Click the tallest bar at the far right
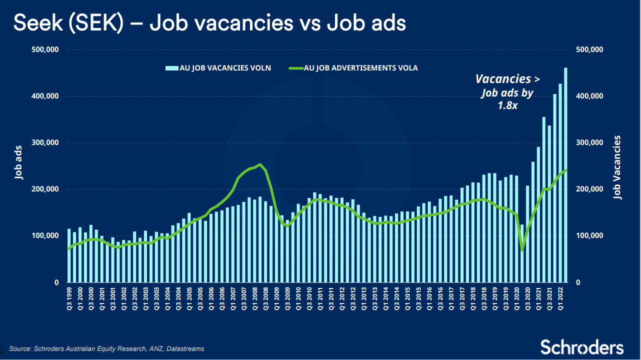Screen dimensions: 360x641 pos(566,175)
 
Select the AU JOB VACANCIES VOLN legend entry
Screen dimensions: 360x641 pos(224,68)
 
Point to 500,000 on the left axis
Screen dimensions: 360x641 pos(46,49)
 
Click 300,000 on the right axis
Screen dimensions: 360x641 pos(590,143)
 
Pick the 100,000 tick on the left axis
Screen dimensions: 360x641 pos(46,236)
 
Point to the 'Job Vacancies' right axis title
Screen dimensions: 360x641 pos(618,167)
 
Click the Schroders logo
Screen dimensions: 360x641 pos(581,347)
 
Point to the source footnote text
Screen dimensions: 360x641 pos(106,348)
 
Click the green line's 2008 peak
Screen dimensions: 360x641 pos(260,164)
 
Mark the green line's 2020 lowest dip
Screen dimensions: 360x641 pos(522,250)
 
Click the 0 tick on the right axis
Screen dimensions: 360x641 pos(578,283)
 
